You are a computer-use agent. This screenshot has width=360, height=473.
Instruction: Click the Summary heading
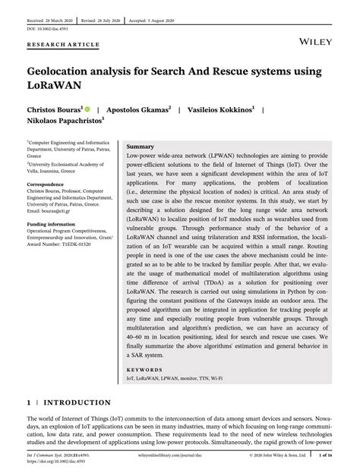pos(142,144)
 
